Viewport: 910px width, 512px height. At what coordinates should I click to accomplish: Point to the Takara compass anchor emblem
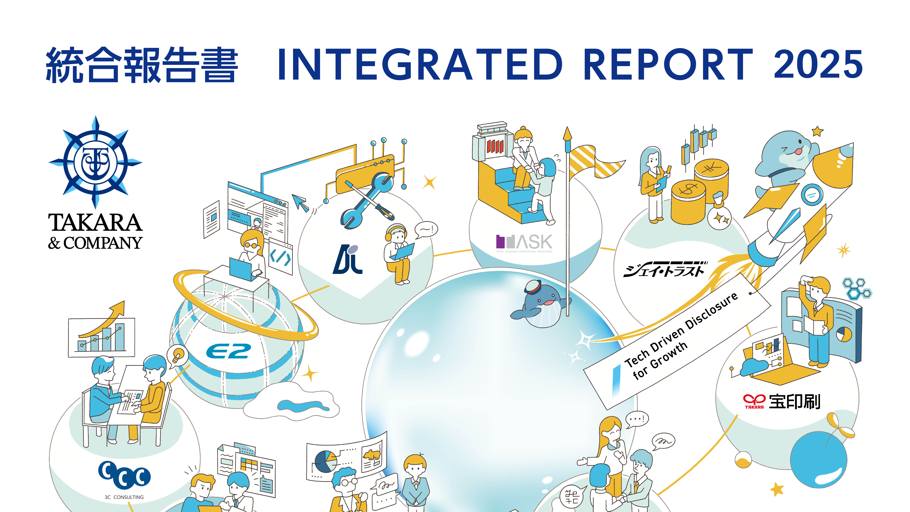(95, 163)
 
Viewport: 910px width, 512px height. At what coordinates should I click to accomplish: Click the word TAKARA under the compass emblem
(95, 223)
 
